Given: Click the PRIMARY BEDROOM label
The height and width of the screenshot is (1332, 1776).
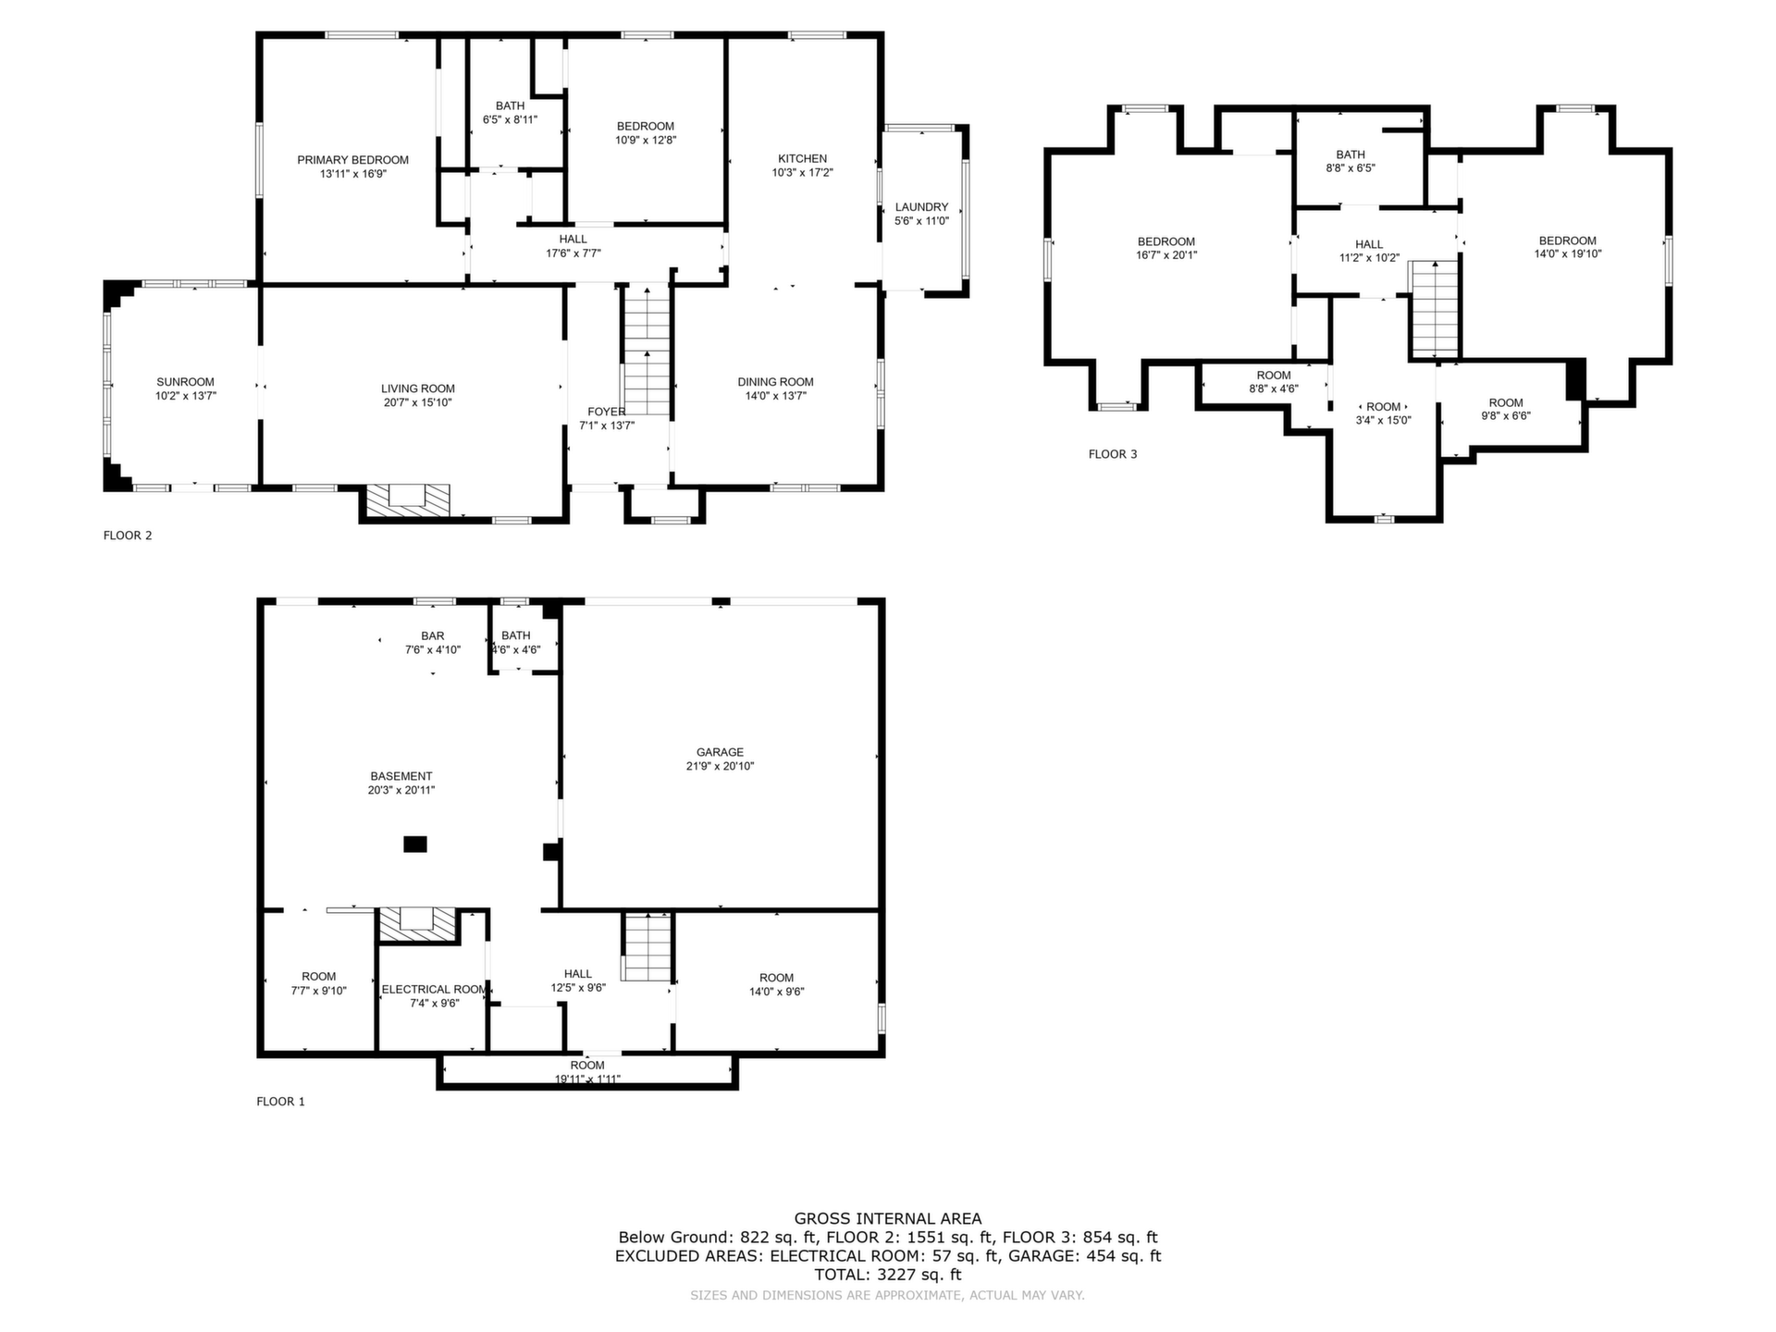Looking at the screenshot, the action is pos(352,160).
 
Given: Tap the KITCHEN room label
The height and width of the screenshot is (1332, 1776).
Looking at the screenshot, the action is pos(802,158).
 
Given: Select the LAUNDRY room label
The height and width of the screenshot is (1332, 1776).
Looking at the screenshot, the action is pos(921,207).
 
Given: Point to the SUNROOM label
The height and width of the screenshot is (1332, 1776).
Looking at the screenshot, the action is pos(185,382).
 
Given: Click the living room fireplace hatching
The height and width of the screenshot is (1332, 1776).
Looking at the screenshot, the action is pos(408,500).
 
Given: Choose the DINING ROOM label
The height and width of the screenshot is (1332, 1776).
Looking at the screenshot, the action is pos(775,382).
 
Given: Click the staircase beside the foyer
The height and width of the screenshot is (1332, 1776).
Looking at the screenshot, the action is pos(646,351).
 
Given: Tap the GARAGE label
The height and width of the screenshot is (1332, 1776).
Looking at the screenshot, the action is pos(720,752).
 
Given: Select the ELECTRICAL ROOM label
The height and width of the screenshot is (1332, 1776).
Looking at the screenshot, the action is pos(434,989).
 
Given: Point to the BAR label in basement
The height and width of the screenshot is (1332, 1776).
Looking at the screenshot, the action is pos(432,635).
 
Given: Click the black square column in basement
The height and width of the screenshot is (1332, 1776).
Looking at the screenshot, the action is pos(415,844).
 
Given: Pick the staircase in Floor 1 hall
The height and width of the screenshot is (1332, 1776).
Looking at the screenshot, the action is pos(646,946).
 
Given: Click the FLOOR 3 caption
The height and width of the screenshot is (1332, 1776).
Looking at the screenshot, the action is pos(1113,454).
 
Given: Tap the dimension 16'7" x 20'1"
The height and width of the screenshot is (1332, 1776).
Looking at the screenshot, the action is pos(1166,255).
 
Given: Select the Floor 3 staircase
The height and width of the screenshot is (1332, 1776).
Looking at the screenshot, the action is pos(1433,309).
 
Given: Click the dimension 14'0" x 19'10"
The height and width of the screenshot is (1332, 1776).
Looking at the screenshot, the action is pos(1568,254).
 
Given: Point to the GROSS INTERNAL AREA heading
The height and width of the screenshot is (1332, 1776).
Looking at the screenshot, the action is pos(888,1219).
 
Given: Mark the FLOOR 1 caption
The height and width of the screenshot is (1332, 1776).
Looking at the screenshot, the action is pos(280,1102).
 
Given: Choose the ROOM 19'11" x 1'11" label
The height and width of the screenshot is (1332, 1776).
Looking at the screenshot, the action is pos(587,1072).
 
